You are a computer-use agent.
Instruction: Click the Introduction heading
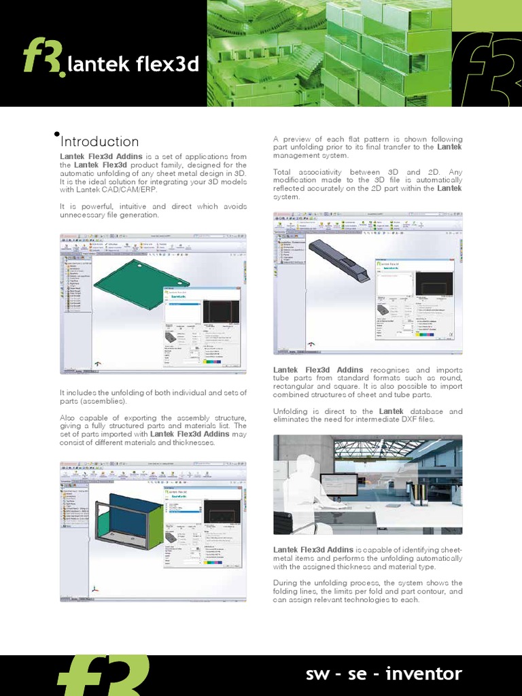click(x=100, y=142)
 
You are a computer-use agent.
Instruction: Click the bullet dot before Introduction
click(x=56, y=134)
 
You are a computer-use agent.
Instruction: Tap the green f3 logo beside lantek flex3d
click(x=42, y=57)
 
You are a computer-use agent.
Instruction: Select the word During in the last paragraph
click(x=285, y=582)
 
